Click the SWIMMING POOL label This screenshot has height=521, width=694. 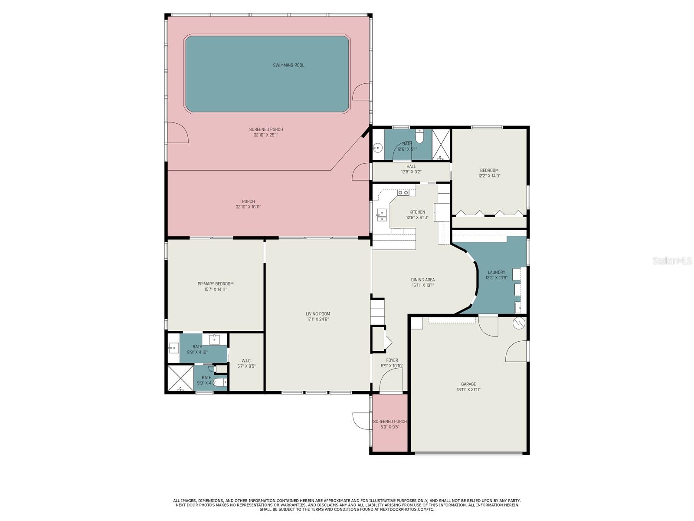[x=288, y=65]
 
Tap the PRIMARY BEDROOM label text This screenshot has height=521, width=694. [x=216, y=284]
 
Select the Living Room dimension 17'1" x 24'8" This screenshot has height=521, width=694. [x=318, y=320]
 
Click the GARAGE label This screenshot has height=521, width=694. [x=468, y=384]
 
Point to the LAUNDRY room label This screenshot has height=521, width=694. [x=496, y=272]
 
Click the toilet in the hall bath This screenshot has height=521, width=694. [x=419, y=137]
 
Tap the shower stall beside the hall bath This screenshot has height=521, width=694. [x=442, y=145]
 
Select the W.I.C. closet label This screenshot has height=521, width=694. [x=246, y=361]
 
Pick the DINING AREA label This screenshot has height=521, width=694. [x=423, y=280]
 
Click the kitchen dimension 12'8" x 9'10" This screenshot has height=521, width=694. [x=417, y=218]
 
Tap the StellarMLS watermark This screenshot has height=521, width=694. [x=672, y=260]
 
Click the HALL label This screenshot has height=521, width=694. [x=411, y=166]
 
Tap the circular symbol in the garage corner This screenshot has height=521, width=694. [x=519, y=323]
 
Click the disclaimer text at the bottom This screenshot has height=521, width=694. [x=347, y=505]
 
